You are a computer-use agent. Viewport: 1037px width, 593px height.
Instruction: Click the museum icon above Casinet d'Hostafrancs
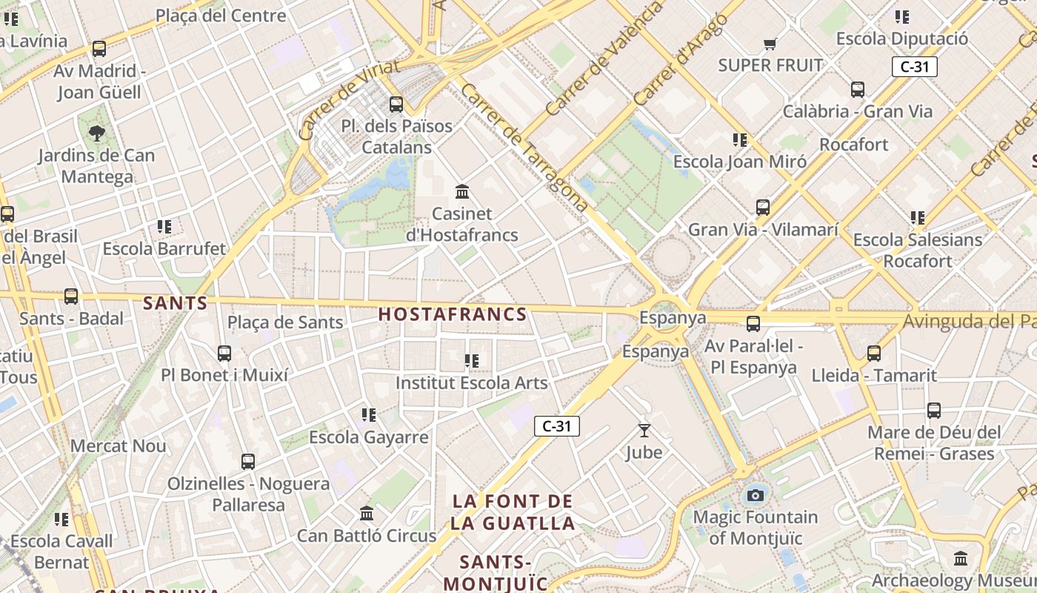coord(463,192)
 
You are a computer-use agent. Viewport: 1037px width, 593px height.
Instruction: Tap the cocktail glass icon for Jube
coord(644,430)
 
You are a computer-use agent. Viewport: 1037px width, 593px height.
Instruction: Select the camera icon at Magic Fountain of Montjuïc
coord(755,495)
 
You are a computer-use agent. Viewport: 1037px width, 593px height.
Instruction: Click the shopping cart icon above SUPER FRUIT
coord(770,44)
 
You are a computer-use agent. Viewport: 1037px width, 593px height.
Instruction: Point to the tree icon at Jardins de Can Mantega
coord(96,133)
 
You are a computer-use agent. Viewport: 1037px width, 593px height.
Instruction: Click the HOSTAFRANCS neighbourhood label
coord(453,314)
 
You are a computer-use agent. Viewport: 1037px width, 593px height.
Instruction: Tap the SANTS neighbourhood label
coord(176,303)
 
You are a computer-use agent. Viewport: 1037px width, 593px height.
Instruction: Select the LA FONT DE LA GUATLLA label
coord(513,512)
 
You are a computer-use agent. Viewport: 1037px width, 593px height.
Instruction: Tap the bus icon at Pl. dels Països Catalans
coord(396,105)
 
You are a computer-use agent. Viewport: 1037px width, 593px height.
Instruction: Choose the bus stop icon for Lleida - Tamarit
coord(874,354)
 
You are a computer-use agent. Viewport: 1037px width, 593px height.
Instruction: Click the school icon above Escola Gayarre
coord(368,415)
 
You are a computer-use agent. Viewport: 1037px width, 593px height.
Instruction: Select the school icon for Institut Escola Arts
coord(471,361)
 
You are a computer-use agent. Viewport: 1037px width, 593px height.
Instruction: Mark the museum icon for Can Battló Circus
coord(367,513)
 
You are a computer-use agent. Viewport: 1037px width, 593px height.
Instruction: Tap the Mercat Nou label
coord(119,446)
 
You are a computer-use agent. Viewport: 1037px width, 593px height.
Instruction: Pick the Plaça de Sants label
coord(285,322)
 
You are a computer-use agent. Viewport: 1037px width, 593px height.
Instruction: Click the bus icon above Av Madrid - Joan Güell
coord(99,49)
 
